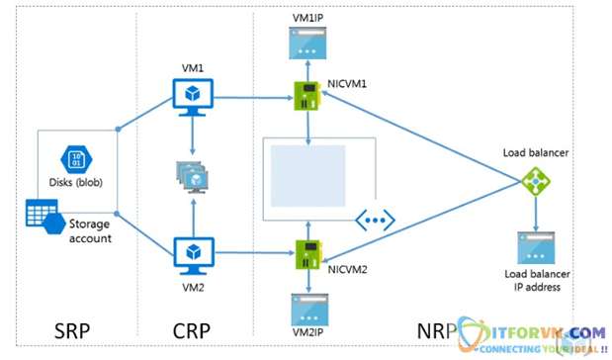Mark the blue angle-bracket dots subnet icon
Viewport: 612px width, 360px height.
[374, 220]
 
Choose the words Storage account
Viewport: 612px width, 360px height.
[92, 230]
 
